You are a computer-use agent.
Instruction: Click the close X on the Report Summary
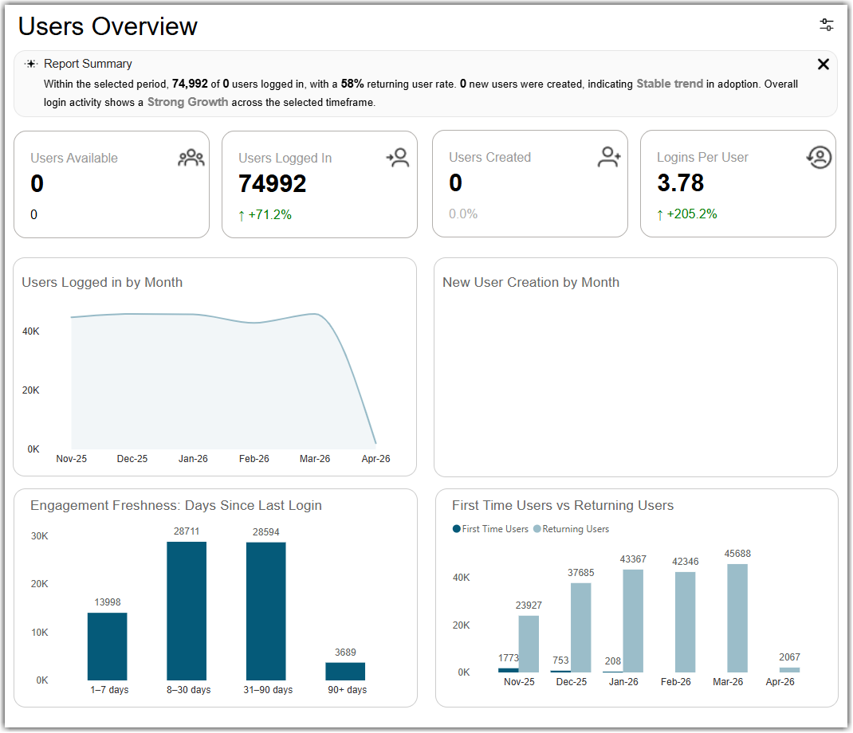click(823, 65)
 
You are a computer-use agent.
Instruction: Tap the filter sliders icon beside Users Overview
click(827, 25)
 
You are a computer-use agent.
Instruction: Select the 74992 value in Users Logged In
click(273, 184)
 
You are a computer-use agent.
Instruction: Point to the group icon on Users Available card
click(191, 158)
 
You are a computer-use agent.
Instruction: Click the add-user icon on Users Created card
click(609, 157)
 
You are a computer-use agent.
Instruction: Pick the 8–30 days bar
click(187, 610)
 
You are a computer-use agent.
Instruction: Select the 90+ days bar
click(345, 671)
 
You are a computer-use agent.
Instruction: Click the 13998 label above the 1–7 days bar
click(108, 602)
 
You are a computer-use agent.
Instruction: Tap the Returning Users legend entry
click(572, 529)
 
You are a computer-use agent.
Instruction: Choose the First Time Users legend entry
click(491, 529)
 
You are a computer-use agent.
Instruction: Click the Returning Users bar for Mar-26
click(737, 618)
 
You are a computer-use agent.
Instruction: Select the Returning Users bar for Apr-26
click(789, 670)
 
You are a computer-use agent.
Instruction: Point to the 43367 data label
click(633, 559)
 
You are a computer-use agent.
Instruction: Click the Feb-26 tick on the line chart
click(254, 459)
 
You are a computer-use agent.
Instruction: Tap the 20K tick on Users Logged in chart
click(30, 390)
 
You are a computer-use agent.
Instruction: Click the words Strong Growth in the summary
click(187, 102)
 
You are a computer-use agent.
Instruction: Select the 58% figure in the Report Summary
click(352, 84)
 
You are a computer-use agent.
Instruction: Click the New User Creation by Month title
click(531, 282)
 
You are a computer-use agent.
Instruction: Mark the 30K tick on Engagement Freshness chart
click(39, 536)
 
